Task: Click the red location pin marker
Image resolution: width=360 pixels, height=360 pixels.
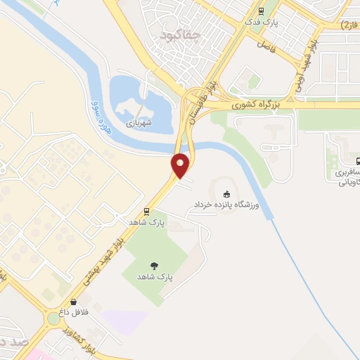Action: click(181, 165)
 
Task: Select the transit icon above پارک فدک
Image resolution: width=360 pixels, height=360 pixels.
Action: click(261, 11)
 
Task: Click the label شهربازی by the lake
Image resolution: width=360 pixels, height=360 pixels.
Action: click(140, 121)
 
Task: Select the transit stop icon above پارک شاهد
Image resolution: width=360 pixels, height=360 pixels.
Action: click(146, 210)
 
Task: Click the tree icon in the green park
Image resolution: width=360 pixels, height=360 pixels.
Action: click(154, 265)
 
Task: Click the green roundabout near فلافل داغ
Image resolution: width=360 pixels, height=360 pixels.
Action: click(53, 319)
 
